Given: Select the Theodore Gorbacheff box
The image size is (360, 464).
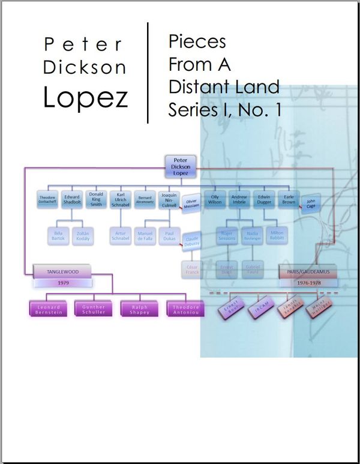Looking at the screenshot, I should pos(48,200).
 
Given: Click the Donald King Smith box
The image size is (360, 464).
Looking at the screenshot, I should pos(96,199).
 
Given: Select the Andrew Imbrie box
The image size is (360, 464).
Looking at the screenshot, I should pos(239,199).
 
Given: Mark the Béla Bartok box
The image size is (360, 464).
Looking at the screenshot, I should pos(58,235).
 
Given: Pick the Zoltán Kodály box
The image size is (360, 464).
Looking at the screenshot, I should pos(82,235).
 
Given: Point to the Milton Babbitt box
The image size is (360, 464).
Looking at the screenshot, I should pos(277,235).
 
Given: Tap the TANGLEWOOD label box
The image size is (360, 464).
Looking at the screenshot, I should pos(63,272).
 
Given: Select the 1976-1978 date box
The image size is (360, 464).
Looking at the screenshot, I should pos(308,281).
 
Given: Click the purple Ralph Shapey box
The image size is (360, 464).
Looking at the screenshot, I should pos(139,309).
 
